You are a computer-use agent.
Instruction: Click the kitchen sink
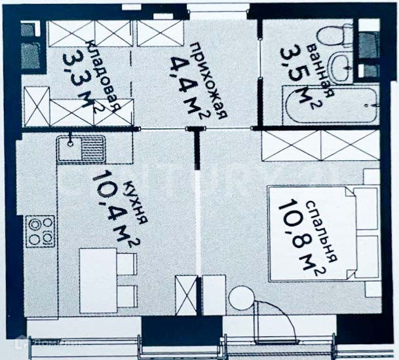tap(81, 149)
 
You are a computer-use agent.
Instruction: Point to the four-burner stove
tap(41, 230)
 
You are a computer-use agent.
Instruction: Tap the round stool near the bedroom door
tap(240, 300)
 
